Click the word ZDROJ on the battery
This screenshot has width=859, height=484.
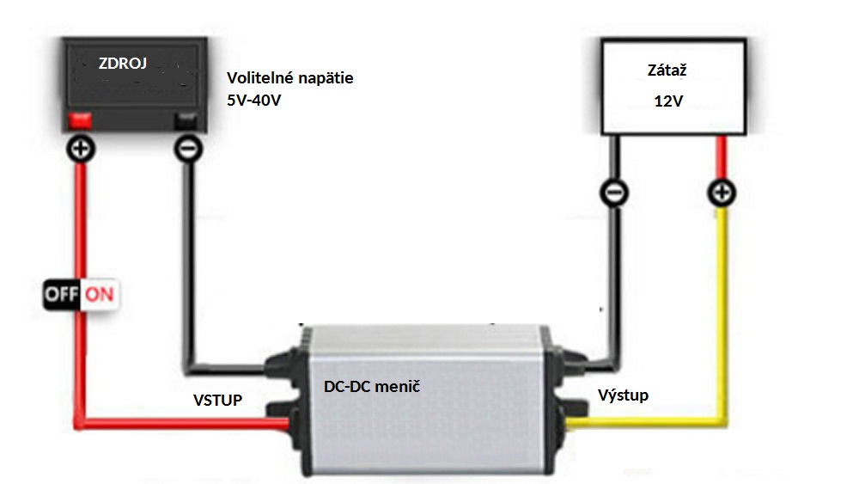point(123,64)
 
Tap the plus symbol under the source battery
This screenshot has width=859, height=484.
point(81,149)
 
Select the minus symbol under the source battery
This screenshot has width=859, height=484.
point(188,149)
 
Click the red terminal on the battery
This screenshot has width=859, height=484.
point(79,120)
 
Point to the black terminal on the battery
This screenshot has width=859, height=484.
point(186,120)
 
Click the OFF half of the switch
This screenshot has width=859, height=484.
point(62,295)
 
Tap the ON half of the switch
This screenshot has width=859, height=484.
point(100,295)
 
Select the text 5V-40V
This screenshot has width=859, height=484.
point(253,101)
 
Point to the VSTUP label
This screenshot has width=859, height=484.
point(217,400)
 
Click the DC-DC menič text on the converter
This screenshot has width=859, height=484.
point(372,387)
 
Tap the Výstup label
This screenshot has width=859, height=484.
point(623,395)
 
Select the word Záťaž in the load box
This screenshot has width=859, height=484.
point(667,70)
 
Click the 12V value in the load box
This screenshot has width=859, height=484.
point(668,101)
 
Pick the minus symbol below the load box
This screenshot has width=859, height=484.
point(614,193)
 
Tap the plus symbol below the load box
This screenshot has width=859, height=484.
point(722,193)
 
